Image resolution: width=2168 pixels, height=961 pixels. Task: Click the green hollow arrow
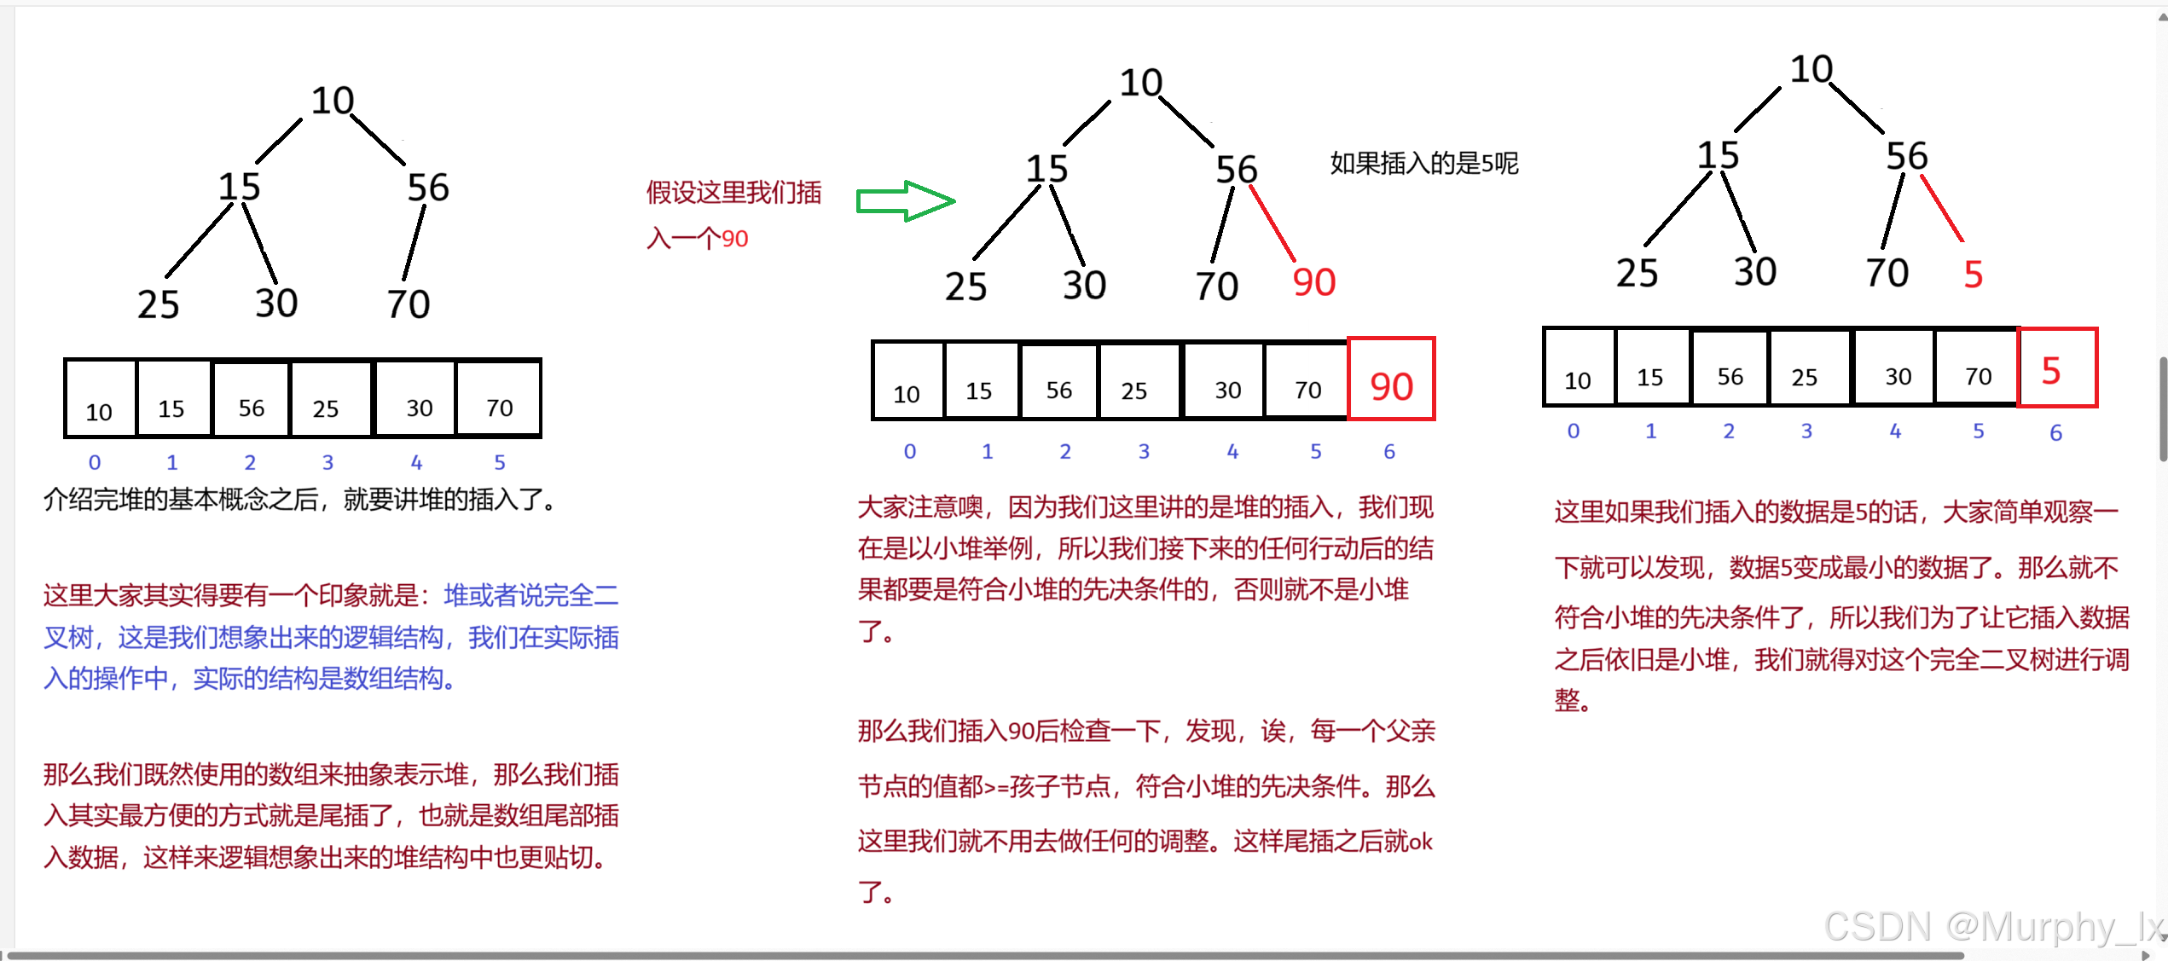click(905, 201)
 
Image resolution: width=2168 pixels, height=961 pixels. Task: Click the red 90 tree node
click(1313, 283)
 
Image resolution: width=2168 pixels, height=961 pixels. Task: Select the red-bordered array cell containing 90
click(1391, 380)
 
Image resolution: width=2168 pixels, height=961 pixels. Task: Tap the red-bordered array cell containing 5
click(2056, 368)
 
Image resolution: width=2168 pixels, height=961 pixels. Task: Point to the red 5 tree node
click(1973, 275)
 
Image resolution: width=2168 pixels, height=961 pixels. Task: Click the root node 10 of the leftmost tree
click(332, 101)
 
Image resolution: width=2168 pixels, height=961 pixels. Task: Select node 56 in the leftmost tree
click(427, 188)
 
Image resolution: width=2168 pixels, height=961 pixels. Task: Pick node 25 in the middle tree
click(965, 287)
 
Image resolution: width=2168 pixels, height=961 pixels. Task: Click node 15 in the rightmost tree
click(1718, 156)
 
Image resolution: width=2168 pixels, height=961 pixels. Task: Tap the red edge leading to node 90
click(1272, 223)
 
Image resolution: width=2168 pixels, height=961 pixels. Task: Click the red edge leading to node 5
click(1942, 208)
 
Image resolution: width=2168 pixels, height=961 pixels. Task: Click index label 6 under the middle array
click(1389, 451)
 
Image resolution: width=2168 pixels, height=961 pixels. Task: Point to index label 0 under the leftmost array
click(95, 462)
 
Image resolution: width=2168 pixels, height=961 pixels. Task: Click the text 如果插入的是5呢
click(1423, 163)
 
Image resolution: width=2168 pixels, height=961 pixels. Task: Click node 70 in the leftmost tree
click(409, 304)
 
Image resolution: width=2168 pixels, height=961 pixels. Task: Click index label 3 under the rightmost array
click(1806, 431)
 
